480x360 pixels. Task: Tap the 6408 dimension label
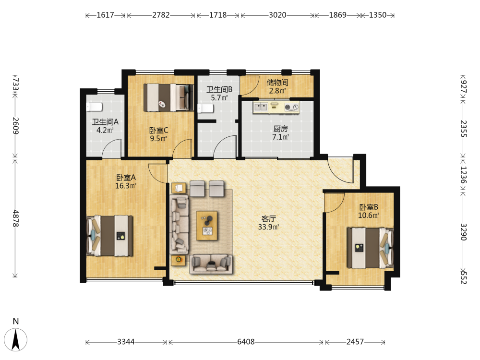click(x=246, y=342)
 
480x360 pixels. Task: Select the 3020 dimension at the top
click(x=277, y=15)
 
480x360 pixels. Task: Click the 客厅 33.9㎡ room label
click(x=268, y=223)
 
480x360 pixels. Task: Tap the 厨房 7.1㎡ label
click(x=280, y=133)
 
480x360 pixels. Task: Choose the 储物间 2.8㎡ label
click(x=277, y=86)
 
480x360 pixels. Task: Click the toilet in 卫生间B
click(x=205, y=108)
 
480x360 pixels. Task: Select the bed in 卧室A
click(x=110, y=236)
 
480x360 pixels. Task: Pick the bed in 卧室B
click(x=370, y=248)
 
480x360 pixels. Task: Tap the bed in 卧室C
click(x=168, y=97)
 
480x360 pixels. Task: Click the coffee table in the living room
click(x=207, y=226)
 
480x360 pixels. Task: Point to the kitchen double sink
click(x=261, y=107)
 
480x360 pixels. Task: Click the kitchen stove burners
click(x=291, y=107)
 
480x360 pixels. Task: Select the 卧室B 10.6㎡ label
click(x=369, y=211)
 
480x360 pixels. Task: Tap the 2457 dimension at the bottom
click(x=355, y=342)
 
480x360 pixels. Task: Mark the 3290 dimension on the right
click(x=464, y=232)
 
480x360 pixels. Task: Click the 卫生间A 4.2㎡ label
click(x=105, y=126)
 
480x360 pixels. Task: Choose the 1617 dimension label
click(x=105, y=15)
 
